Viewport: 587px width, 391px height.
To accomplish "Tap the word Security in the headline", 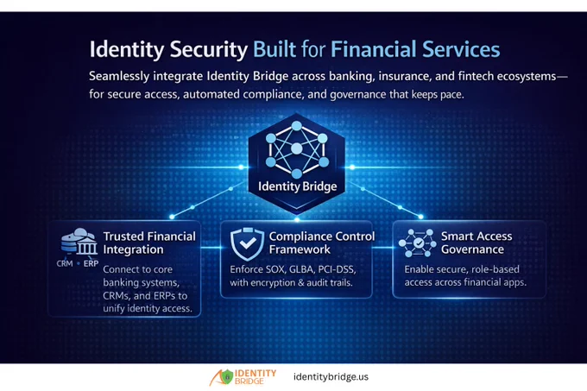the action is pyautogui.click(x=209, y=50).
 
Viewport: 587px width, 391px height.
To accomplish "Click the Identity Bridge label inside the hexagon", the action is pyautogui.click(x=297, y=186).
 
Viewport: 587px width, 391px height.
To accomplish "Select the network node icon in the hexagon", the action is pyautogui.click(x=297, y=149).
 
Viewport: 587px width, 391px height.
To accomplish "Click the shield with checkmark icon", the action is pyautogui.click(x=247, y=243).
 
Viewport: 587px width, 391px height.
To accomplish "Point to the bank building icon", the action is pyautogui.click(x=79, y=242).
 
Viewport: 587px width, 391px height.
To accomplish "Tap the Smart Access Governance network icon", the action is pyautogui.click(x=418, y=243).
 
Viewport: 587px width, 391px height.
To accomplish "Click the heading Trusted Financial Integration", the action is pyautogui.click(x=149, y=243).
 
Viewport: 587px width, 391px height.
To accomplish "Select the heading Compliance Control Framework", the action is pyautogui.click(x=322, y=243).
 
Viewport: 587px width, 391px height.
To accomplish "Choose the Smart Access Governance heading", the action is pyautogui.click(x=477, y=243).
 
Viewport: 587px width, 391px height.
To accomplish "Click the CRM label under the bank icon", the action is pyautogui.click(x=65, y=263).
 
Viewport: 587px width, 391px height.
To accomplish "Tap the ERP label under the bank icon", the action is pyautogui.click(x=91, y=263).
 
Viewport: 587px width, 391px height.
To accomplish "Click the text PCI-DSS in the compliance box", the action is pyautogui.click(x=337, y=269).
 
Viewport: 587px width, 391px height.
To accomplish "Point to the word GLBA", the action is pyautogui.click(x=301, y=269).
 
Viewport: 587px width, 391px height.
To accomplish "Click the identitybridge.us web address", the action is pyautogui.click(x=331, y=377).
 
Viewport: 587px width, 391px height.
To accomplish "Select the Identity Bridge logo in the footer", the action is pyautogui.click(x=243, y=377).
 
